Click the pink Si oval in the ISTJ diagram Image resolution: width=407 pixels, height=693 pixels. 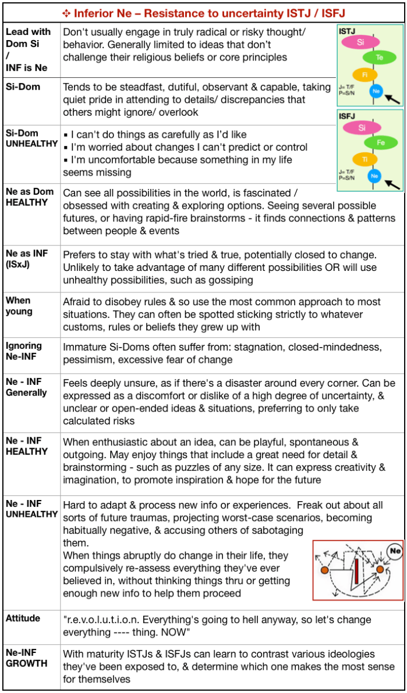(360, 42)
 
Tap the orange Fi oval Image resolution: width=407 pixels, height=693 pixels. (365, 74)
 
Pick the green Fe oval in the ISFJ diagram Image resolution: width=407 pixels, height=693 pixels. (380, 142)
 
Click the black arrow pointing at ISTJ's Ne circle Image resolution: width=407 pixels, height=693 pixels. (393, 99)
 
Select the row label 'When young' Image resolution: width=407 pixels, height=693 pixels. (18, 306)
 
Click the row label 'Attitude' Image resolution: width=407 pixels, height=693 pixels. (23, 618)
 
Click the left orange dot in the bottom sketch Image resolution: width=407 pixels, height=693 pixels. (324, 571)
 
